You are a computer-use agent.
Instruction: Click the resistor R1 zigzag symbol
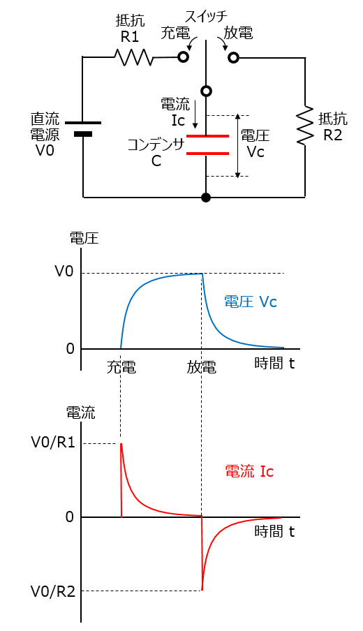click(133, 57)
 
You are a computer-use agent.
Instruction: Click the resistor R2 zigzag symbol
click(305, 126)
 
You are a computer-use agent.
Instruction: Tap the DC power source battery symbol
click(83, 128)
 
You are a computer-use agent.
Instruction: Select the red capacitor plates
click(207, 144)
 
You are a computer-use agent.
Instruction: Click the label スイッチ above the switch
click(206, 14)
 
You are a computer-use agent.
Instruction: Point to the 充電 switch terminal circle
click(184, 57)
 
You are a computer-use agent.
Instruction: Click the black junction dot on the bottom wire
click(206, 198)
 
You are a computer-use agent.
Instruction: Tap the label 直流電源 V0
click(43, 133)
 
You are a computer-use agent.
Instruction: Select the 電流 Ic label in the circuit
click(175, 112)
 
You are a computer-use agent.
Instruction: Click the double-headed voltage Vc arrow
click(238, 145)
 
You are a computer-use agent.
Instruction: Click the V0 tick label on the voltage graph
click(64, 272)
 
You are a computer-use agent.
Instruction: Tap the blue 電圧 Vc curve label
click(251, 302)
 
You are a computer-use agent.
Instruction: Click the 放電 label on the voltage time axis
click(202, 366)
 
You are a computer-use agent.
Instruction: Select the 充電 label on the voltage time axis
click(121, 366)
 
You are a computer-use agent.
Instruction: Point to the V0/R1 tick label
click(52, 443)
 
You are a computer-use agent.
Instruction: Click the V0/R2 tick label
click(52, 591)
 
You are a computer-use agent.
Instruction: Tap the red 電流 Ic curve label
click(249, 471)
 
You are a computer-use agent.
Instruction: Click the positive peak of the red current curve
click(121, 444)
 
